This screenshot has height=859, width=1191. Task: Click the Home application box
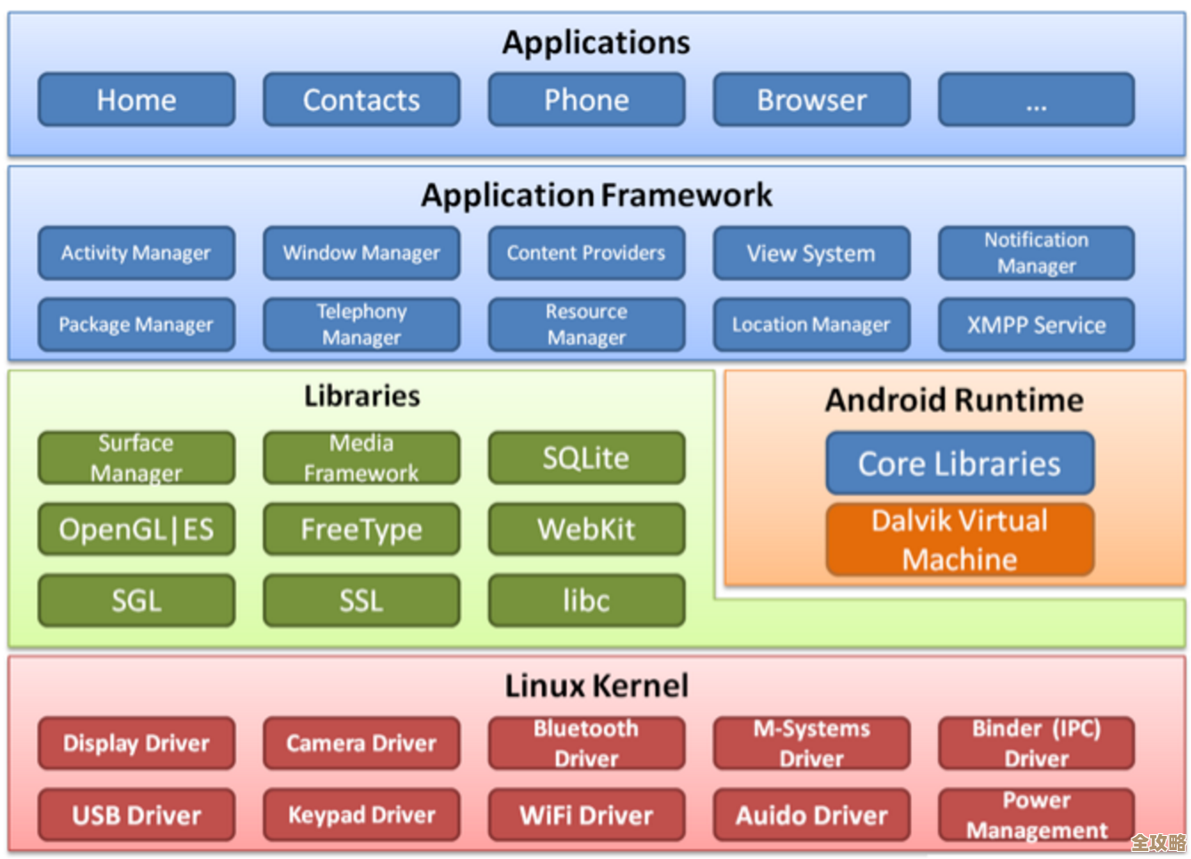pos(136,99)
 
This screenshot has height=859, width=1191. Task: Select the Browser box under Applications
pos(811,99)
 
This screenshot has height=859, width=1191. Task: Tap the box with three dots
pos(1036,99)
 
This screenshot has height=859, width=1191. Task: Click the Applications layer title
pos(596,42)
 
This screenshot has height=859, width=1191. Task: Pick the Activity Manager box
pos(136,253)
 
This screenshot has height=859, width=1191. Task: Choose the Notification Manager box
pos(1036,253)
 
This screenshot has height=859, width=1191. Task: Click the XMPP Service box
pos(1036,324)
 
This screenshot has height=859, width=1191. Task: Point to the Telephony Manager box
pos(361,324)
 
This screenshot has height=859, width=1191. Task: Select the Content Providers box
pos(586,253)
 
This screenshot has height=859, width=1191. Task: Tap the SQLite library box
pos(586,457)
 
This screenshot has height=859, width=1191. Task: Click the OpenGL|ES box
pos(136,529)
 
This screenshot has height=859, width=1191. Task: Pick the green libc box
pos(586,601)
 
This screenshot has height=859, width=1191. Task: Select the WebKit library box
pos(586,529)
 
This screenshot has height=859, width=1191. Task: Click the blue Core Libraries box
pos(959,463)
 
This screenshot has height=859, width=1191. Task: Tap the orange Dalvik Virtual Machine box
pos(959,539)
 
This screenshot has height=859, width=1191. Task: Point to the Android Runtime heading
pos(954,400)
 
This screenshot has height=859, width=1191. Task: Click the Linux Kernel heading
pos(596,686)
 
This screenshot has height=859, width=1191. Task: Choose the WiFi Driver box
pos(586,815)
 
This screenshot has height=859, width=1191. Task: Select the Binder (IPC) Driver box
pos(1036,743)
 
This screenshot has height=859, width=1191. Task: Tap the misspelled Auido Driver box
pos(811,815)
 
